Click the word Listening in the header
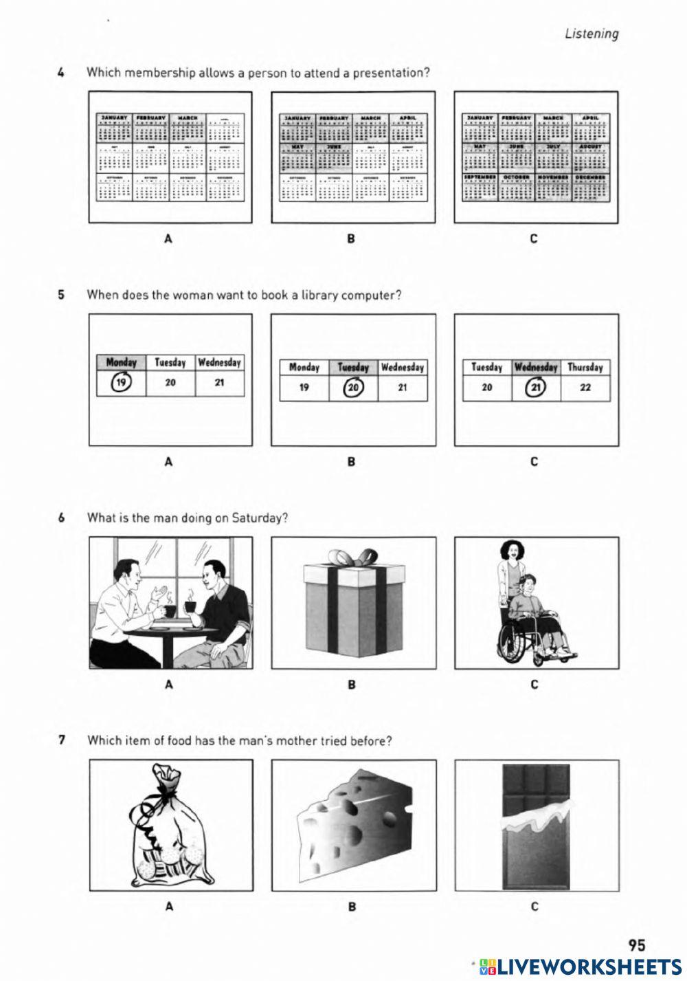click(591, 34)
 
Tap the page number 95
click(636, 945)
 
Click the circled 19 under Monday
click(121, 383)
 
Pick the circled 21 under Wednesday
click(536, 388)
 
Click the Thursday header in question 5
click(585, 367)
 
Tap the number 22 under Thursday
click(585, 388)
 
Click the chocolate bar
click(536, 825)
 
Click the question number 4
click(62, 73)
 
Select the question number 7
click(62, 740)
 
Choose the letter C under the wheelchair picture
click(534, 685)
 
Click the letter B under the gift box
click(352, 685)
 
